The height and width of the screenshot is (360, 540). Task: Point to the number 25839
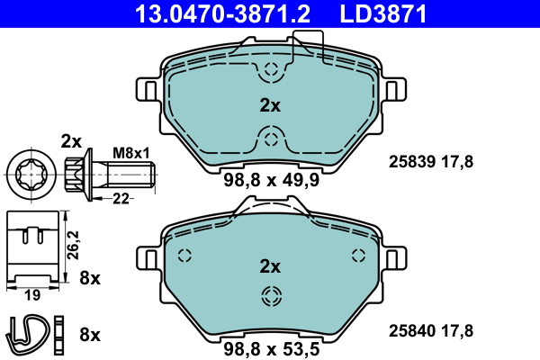coord(410,162)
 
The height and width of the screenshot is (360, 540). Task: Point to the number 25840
coord(410,330)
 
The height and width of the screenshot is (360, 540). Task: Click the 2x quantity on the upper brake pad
coord(270,105)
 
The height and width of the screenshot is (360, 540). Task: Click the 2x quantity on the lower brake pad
coord(270,266)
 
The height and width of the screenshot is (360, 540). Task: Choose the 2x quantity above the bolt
coord(71,140)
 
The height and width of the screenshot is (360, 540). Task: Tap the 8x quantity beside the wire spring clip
coord(90,334)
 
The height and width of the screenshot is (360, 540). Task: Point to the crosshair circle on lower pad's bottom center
coord(270,297)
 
